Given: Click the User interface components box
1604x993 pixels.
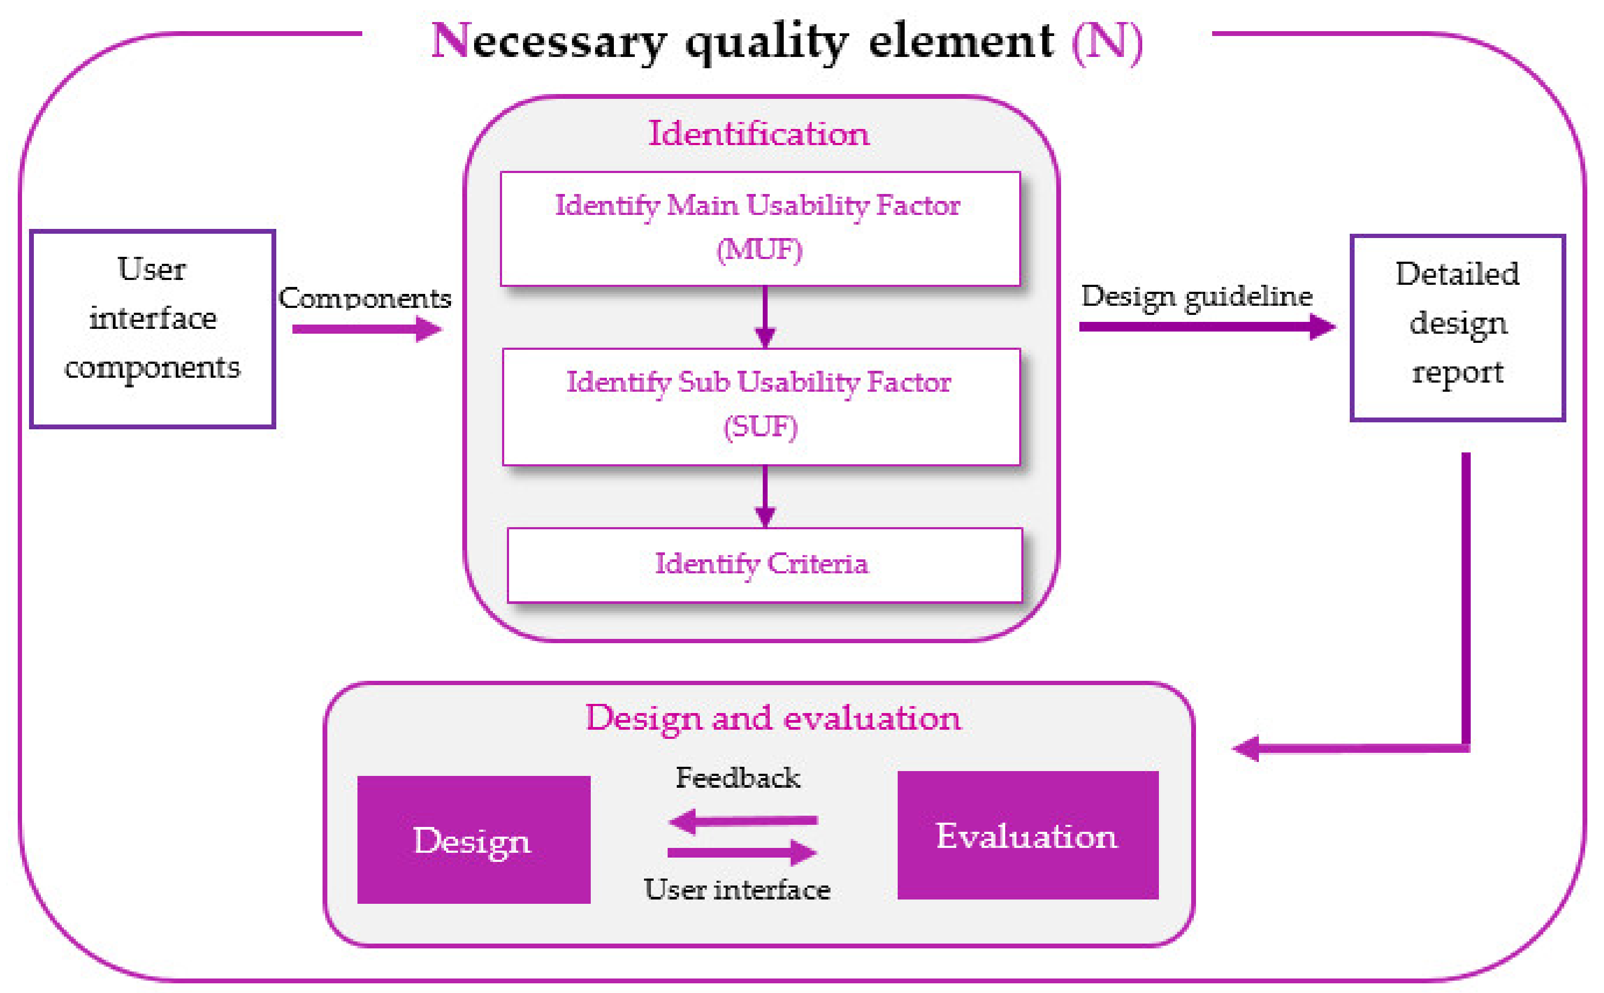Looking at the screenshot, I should pos(152,328).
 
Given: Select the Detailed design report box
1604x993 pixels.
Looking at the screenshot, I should pos(1457,327).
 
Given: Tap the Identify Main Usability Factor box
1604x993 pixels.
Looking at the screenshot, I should pos(760,228).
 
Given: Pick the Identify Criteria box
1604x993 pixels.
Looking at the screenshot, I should pos(764,565).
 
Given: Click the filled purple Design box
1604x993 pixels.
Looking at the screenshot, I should pos(473,839).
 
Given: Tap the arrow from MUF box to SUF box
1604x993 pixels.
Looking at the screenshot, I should pos(764,316).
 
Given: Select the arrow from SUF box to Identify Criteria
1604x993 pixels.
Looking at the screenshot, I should pos(764,496).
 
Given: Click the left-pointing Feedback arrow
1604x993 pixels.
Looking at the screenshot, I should pos(742,821).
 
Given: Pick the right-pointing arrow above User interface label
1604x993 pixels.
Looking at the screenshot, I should pos(742,852).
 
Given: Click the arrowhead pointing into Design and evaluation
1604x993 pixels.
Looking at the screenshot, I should pos(1245,748).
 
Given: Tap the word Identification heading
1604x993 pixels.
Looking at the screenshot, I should pos(758,133).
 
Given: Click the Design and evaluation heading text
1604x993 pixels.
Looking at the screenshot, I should pos(773,718).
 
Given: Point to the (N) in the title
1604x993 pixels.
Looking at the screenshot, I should pos(1107,41).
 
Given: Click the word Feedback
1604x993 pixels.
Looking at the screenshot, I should pos(737,778).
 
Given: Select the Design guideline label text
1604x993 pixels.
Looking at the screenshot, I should pos(1197,296).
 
